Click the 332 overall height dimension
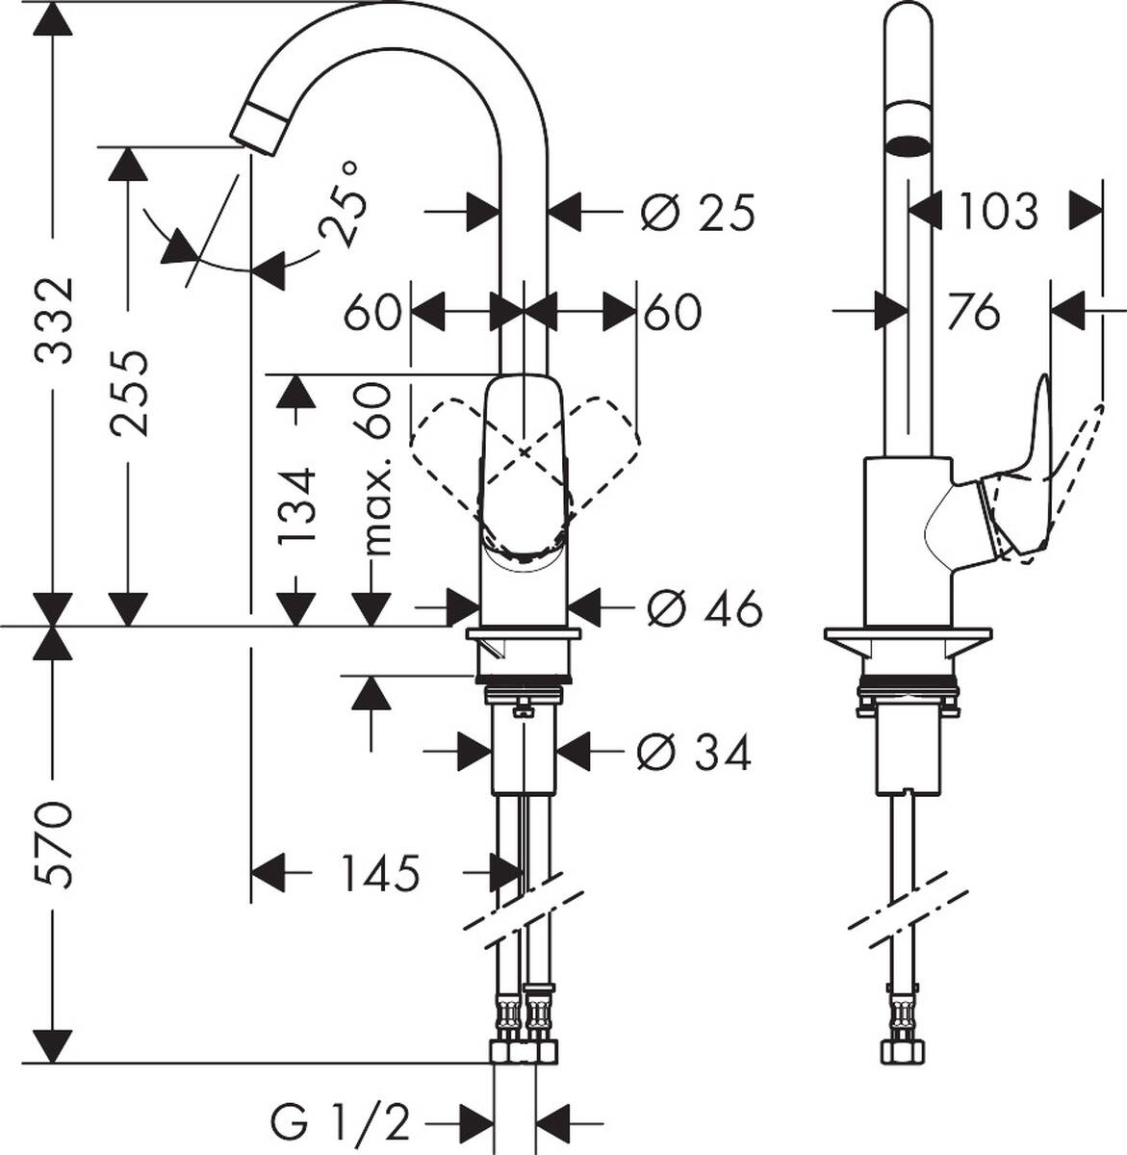pos(54,320)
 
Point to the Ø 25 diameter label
pos(697,212)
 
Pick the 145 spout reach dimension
pos(380,873)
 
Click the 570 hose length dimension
pos(54,844)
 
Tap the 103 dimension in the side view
pos(998,211)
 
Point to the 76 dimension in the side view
pos(973,311)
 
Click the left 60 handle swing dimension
pos(371,312)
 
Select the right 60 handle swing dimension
pos(673,312)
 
